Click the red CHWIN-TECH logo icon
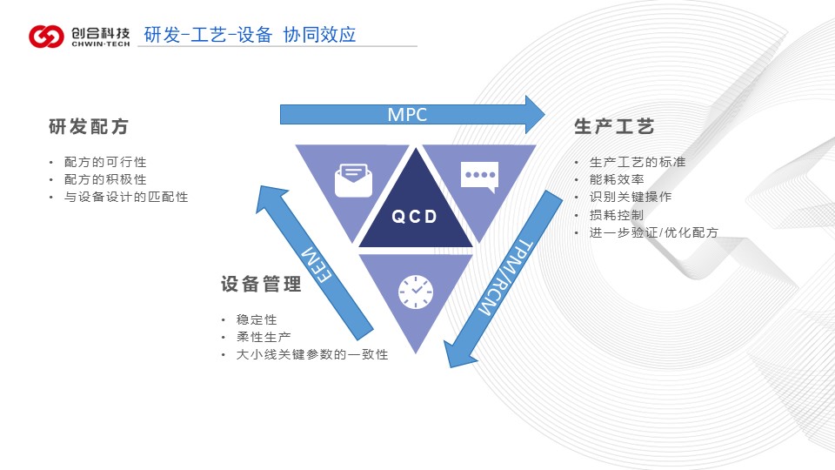(45, 36)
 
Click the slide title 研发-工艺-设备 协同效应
(250, 34)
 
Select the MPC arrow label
(406, 114)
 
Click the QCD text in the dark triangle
(414, 217)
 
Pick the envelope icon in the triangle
(354, 180)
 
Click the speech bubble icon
(479, 177)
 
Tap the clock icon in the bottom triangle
(416, 291)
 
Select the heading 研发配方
(89, 127)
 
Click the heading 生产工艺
(614, 127)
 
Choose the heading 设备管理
(261, 285)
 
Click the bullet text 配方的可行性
(105, 162)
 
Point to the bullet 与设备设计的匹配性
(126, 197)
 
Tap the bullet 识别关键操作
(631, 197)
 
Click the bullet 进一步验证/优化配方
(654, 232)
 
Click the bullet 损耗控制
(617, 214)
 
